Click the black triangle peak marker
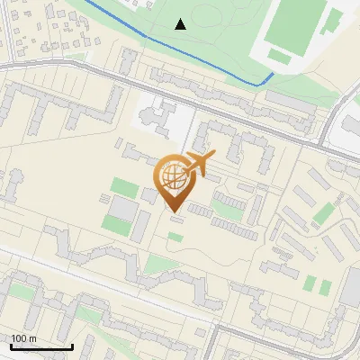point(181,24)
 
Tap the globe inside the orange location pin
point(174,175)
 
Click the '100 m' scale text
point(24,337)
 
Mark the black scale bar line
point(40,346)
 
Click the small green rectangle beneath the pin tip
point(175,237)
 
